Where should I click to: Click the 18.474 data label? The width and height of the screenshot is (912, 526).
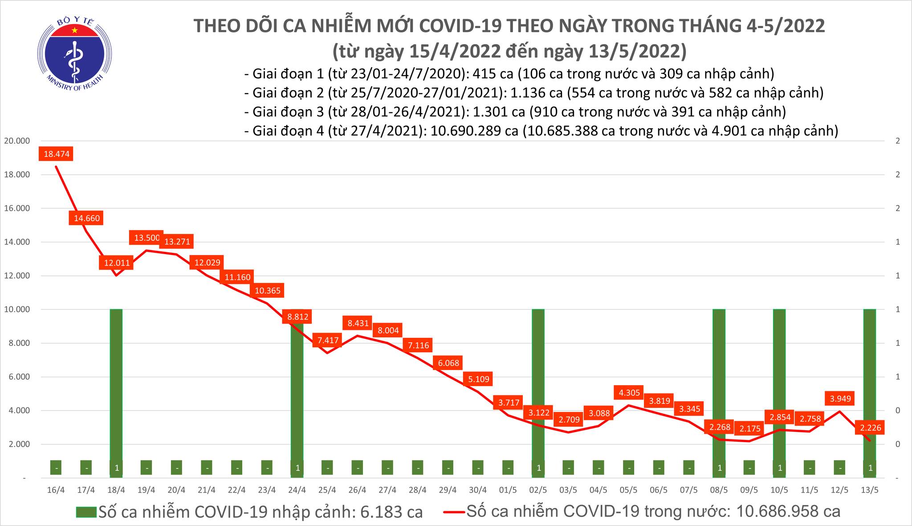pos(56,155)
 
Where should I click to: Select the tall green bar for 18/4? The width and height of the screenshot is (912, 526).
pos(116,383)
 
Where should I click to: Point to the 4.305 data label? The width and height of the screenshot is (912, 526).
pos(629,393)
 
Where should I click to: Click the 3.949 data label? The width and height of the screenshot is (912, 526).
pos(840,399)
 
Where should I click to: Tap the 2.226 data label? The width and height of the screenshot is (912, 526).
pos(870,428)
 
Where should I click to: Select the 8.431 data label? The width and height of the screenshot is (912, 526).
pos(358,323)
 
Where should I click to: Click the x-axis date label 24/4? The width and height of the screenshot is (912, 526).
pos(297,490)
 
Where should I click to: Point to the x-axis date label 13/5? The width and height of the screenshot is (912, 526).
pos(870,490)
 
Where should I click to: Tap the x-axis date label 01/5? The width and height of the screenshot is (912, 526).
pos(508,490)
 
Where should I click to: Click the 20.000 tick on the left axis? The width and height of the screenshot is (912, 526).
pos(17,141)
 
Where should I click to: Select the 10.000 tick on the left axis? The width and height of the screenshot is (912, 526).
pos(17,309)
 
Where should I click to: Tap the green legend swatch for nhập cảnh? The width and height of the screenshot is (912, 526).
pos(85,512)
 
